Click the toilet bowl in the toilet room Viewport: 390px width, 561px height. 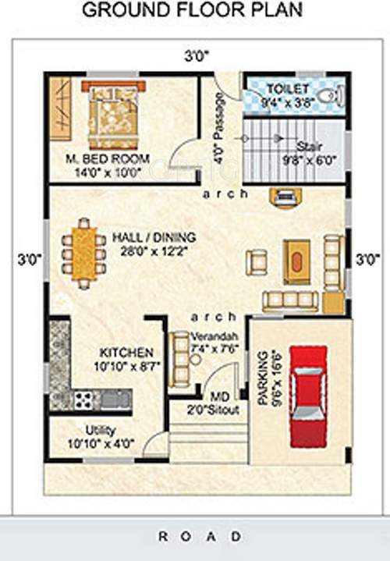coord(331,97)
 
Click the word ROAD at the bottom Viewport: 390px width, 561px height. coord(200,536)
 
